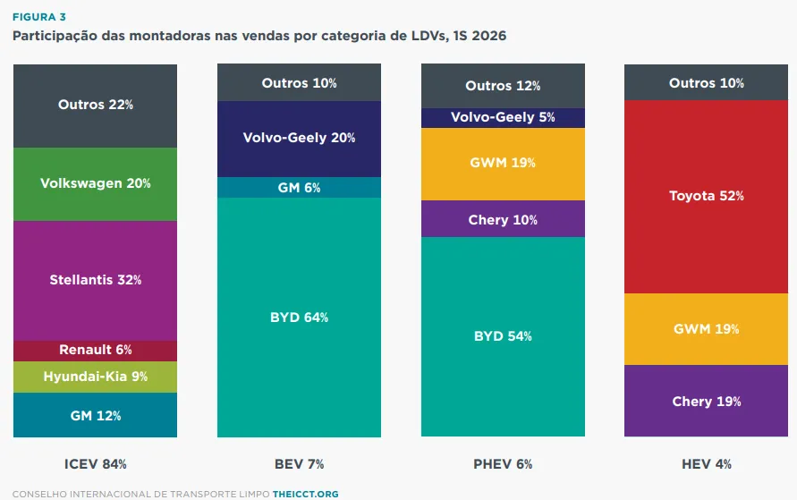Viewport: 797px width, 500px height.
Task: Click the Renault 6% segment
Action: coord(95,351)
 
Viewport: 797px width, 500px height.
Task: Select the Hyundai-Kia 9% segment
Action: coord(95,377)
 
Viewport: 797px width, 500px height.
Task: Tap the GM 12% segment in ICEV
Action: coord(95,415)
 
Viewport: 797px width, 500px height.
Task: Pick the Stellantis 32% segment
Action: coord(95,281)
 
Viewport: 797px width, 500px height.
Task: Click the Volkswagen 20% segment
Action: coord(95,184)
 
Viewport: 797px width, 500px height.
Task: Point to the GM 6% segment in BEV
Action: coord(299,188)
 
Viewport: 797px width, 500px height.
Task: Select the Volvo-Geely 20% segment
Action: coord(299,139)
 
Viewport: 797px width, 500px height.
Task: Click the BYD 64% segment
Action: coord(299,317)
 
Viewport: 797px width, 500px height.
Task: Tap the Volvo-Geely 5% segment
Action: coord(503,118)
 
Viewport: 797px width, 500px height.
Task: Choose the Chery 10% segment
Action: coord(503,219)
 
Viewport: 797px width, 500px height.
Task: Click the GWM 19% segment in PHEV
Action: coord(503,164)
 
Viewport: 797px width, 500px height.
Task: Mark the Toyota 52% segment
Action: coord(706,197)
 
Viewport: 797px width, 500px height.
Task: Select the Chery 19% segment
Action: coord(706,401)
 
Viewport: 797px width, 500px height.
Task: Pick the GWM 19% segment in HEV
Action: coord(706,329)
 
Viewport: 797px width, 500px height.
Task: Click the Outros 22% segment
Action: coord(95,106)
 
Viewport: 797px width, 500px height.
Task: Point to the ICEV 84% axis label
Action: coord(95,464)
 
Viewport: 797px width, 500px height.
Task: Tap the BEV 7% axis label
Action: coord(299,464)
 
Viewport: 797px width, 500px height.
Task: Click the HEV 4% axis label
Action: coord(706,464)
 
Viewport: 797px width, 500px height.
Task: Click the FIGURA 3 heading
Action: coord(39,17)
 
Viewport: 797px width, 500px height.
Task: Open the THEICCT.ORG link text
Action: coord(306,494)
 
